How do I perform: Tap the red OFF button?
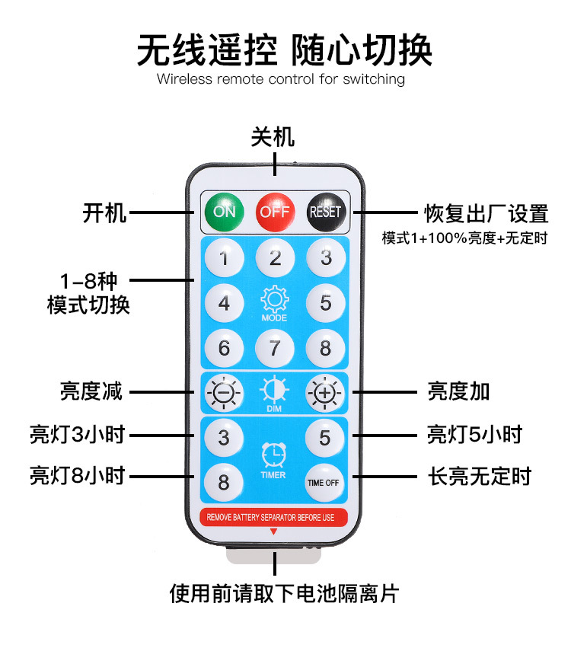pyautogui.click(x=274, y=211)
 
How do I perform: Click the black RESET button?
pyautogui.click(x=325, y=211)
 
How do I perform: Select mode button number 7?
pyautogui.click(x=275, y=348)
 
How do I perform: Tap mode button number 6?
pyautogui.click(x=224, y=348)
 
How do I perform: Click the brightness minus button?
pyautogui.click(x=224, y=393)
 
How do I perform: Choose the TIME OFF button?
pyautogui.click(x=325, y=482)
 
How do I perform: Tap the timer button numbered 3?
pyautogui.click(x=224, y=437)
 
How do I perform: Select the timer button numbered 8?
pyautogui.click(x=224, y=482)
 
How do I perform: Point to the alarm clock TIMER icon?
pyautogui.click(x=274, y=455)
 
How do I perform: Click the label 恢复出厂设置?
pyautogui.click(x=486, y=213)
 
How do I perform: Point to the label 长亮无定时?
pyautogui.click(x=479, y=477)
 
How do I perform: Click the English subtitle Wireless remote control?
pyautogui.click(x=280, y=79)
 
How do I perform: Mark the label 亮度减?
pyautogui.click(x=91, y=392)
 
